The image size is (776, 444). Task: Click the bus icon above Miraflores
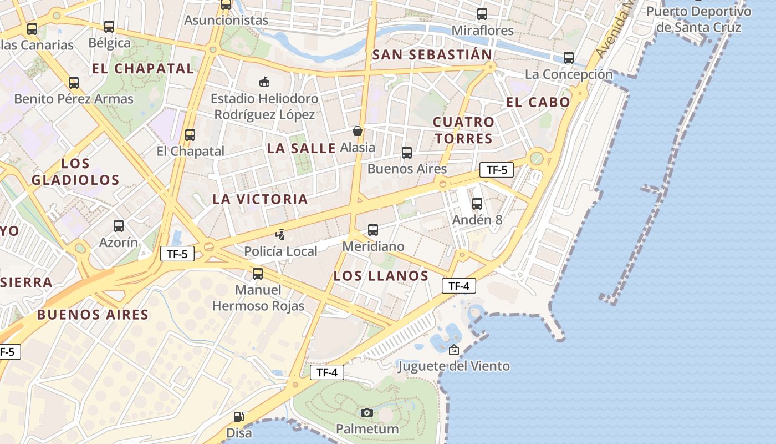[x=482, y=14]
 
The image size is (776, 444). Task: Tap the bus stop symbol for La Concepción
[x=568, y=58]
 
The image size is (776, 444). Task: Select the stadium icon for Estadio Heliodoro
[x=264, y=82]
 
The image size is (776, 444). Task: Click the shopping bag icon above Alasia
[x=358, y=132]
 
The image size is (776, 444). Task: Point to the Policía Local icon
[x=280, y=235]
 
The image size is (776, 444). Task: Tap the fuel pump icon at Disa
[x=238, y=416]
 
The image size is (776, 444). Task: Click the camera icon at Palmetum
[x=366, y=412]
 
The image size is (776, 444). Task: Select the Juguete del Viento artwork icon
[x=454, y=350]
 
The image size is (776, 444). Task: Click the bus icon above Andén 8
[x=477, y=204]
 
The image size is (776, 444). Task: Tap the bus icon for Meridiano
[x=373, y=230]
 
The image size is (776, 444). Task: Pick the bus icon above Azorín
[x=119, y=226]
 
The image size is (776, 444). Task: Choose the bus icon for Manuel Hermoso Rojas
[x=258, y=274]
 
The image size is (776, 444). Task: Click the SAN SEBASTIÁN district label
[x=432, y=54]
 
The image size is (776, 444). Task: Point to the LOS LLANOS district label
[x=381, y=276]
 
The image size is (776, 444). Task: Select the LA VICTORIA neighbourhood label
[x=260, y=199]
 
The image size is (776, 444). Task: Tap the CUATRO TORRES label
[x=463, y=130]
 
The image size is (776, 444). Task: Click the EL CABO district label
[x=538, y=102]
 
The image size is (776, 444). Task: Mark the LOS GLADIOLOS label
[x=75, y=171]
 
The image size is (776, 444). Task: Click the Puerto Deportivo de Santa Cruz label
[x=698, y=19]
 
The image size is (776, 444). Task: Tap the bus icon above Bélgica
[x=109, y=27]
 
